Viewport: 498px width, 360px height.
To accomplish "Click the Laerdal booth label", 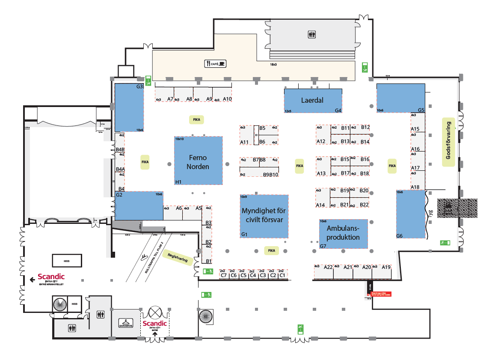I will [x=312, y=101].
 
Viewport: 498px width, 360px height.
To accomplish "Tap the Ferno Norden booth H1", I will [x=198, y=162].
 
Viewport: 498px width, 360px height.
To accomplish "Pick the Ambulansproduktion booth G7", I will [x=343, y=233].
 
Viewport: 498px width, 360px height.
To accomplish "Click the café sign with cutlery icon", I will [x=215, y=64].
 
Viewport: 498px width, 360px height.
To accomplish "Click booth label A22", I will [x=328, y=267].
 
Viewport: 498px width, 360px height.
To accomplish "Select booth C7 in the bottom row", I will [x=223, y=275].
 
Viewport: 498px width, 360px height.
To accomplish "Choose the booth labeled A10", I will [x=227, y=99].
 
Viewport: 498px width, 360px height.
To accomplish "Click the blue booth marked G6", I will [x=410, y=214].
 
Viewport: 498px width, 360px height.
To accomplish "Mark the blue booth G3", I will [x=129, y=107].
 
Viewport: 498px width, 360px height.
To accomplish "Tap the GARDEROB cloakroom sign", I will [x=127, y=324].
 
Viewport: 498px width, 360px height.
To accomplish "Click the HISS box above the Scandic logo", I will [x=66, y=260].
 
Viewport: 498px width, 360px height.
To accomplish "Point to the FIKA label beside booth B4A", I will [x=145, y=162].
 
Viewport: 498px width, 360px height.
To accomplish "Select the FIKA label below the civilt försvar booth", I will [x=271, y=250].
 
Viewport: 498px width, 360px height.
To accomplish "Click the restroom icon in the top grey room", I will [x=311, y=35].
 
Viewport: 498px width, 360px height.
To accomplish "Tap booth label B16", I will [x=365, y=159].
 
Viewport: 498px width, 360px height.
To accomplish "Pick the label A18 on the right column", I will [x=415, y=187].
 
